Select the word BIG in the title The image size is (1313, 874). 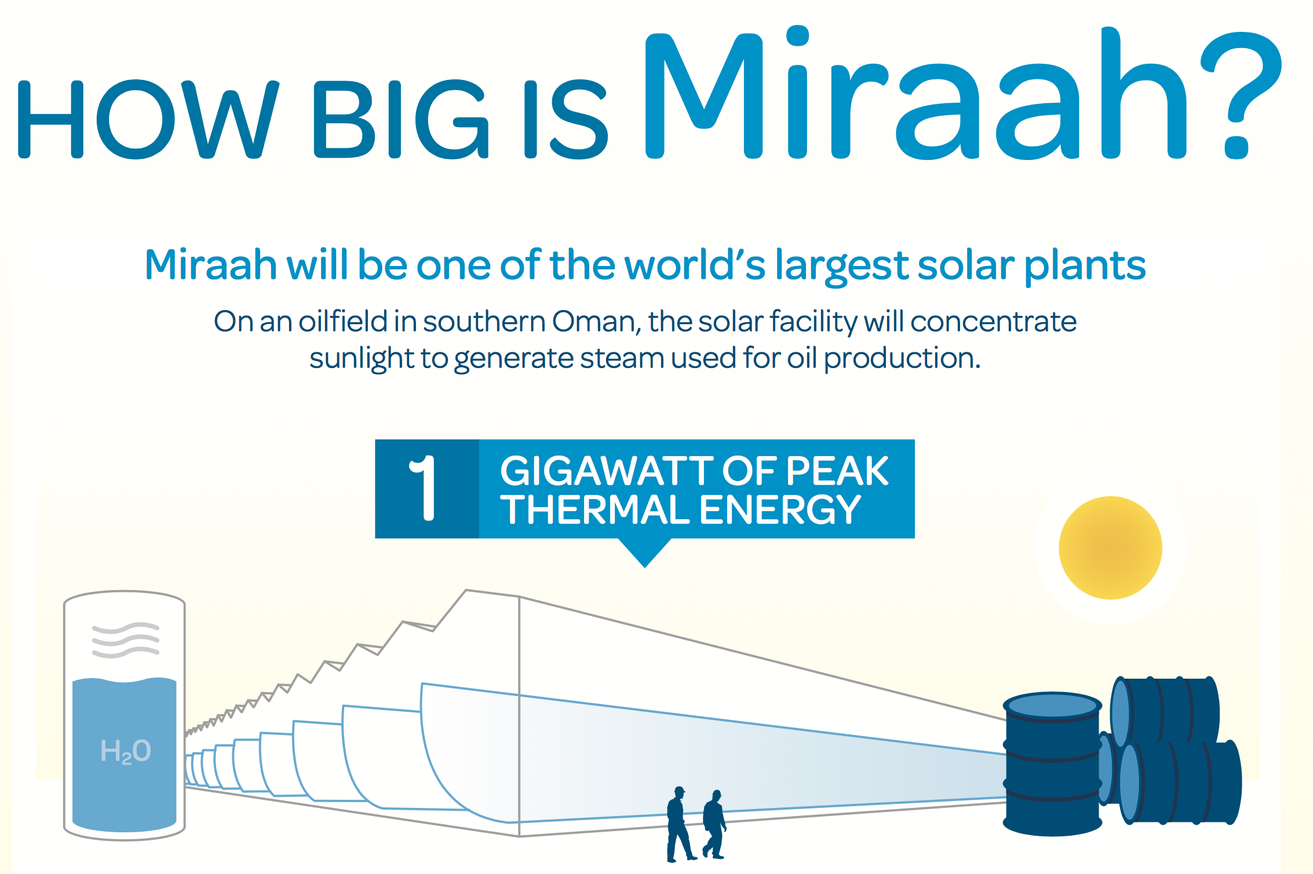point(400,119)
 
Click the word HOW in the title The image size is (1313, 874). point(147,119)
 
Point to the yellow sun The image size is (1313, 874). point(1110,548)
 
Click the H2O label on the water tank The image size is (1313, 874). point(125,751)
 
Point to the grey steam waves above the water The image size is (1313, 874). point(125,640)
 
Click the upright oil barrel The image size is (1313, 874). point(1052,764)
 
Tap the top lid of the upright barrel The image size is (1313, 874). point(1052,706)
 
